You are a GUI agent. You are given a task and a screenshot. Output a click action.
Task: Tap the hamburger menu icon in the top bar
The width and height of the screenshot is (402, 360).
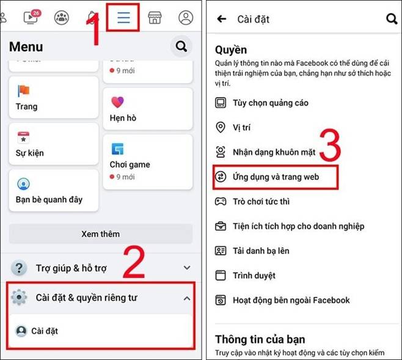(123, 17)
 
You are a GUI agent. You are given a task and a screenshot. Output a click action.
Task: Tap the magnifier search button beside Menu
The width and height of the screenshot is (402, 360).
(181, 46)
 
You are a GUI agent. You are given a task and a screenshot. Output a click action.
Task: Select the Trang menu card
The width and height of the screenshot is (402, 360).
(53, 98)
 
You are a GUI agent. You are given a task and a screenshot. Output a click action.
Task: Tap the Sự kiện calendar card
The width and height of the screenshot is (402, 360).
(53, 144)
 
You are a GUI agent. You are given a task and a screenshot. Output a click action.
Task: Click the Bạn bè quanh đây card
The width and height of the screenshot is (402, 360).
(53, 191)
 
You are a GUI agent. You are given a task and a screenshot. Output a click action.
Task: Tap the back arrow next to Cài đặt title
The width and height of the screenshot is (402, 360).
(221, 20)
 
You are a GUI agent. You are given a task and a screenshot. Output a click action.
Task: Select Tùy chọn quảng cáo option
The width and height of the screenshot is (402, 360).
(269, 103)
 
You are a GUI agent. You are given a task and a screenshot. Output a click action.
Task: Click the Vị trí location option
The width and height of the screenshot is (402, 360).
(241, 128)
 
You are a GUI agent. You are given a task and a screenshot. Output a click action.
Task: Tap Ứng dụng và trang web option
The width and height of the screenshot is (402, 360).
(275, 177)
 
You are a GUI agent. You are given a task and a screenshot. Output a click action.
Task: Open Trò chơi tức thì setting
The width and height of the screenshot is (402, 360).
(260, 201)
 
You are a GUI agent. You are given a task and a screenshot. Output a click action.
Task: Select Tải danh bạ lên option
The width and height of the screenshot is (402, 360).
(260, 251)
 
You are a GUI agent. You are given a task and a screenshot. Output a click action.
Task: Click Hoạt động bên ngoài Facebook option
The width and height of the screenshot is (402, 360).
(290, 300)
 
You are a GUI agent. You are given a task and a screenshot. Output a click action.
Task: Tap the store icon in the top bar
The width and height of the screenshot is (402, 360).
(155, 17)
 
